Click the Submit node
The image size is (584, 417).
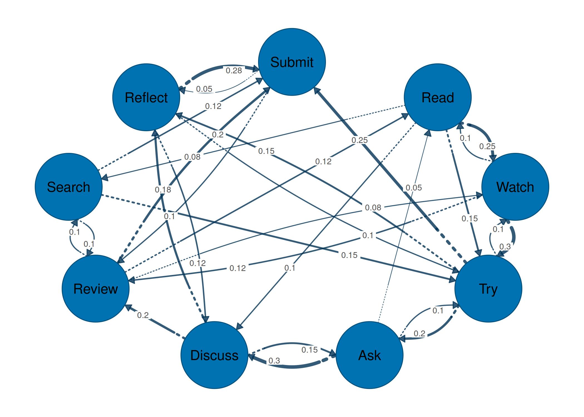(x=292, y=62)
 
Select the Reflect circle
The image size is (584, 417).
(x=146, y=97)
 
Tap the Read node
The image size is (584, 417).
(x=437, y=97)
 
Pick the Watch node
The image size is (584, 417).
(x=515, y=187)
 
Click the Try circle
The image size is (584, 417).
(x=488, y=289)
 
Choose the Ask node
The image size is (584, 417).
(x=369, y=355)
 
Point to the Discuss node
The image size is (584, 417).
(x=214, y=355)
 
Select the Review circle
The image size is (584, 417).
(x=96, y=289)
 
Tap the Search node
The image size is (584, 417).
(x=68, y=187)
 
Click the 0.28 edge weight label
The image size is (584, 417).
(x=234, y=71)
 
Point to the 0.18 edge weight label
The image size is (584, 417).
(x=163, y=190)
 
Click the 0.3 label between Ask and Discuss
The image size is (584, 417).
(x=274, y=361)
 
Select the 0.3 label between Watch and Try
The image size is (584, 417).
(x=505, y=247)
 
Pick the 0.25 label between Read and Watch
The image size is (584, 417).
(x=487, y=146)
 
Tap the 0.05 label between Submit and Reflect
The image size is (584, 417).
(x=204, y=89)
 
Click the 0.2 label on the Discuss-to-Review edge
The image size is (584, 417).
(x=143, y=315)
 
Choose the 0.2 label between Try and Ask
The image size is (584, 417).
(x=419, y=334)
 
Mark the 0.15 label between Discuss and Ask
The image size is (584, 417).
(x=310, y=350)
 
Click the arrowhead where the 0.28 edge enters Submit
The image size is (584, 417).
(x=256, y=69)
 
